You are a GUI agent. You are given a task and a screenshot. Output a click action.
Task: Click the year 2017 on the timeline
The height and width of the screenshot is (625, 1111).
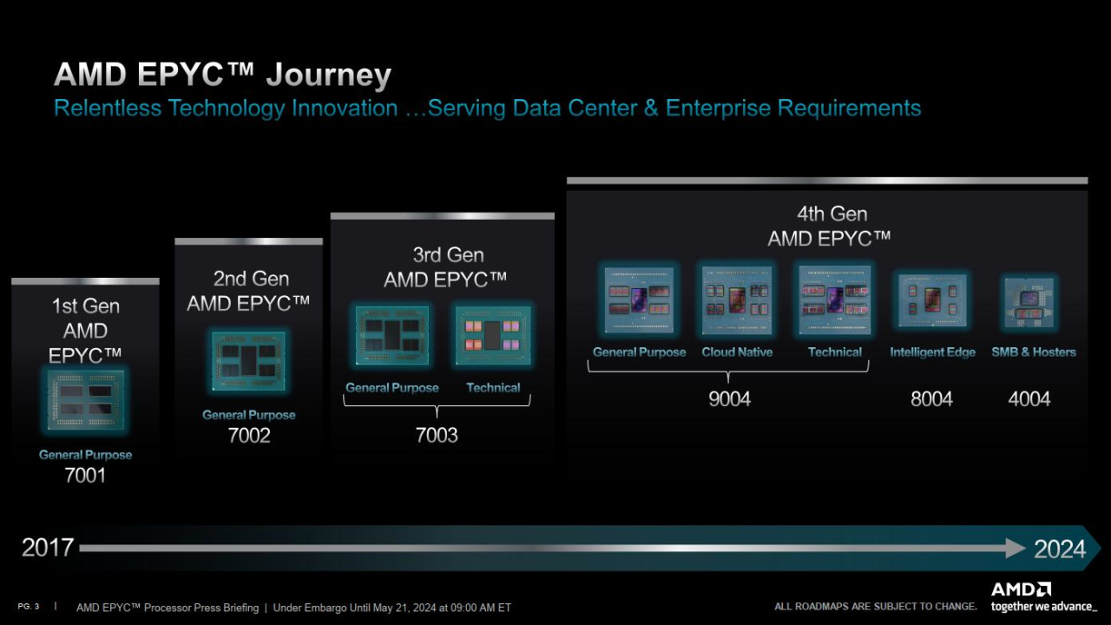click(48, 548)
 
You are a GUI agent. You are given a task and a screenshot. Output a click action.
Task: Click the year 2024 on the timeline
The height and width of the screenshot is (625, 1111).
click(1059, 549)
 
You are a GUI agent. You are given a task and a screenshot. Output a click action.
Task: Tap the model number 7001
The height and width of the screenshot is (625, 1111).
click(85, 475)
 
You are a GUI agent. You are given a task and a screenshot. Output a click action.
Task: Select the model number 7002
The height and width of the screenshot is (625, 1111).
click(249, 435)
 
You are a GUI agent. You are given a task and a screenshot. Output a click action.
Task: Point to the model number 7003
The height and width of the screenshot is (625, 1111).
click(437, 435)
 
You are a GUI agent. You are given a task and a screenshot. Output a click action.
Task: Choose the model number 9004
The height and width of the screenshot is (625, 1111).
click(728, 398)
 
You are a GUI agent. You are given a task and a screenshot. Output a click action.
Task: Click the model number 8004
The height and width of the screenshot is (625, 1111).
click(931, 398)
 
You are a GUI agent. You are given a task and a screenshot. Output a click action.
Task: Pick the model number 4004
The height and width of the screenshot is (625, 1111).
click(1029, 398)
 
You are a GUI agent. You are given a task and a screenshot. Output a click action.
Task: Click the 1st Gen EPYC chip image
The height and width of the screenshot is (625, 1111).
click(86, 400)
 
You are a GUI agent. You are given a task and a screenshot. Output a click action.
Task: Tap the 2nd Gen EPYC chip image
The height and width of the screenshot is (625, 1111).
click(249, 361)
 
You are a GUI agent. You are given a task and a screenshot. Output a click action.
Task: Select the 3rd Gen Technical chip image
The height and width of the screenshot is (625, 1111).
click(493, 335)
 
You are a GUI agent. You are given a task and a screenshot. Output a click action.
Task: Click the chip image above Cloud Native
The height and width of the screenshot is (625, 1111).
click(737, 300)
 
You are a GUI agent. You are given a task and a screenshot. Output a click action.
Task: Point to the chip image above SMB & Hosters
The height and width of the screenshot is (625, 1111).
click(1029, 302)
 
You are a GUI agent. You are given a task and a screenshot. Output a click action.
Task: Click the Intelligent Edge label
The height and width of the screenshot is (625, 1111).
click(932, 352)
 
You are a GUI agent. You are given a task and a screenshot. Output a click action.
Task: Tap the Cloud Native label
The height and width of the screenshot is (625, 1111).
click(737, 352)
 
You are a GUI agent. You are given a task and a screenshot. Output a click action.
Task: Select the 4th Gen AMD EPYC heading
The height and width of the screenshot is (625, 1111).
click(831, 226)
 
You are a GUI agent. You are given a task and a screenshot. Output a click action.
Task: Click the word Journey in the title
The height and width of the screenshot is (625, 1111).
click(328, 75)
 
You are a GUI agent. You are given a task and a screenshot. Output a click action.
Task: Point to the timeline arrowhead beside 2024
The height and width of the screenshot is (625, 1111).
click(1016, 548)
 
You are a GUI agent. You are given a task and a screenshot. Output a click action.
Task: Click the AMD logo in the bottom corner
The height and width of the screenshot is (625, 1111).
click(1021, 589)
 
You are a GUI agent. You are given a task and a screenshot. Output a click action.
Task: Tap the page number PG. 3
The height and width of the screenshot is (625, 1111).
click(29, 606)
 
